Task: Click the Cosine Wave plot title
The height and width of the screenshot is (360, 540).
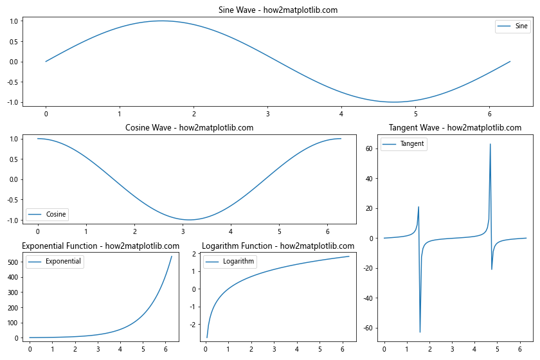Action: tap(189, 128)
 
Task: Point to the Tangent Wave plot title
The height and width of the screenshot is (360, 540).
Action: tap(455, 128)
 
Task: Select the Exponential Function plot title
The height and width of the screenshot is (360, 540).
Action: tap(100, 246)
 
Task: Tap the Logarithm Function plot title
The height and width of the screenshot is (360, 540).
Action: tap(278, 246)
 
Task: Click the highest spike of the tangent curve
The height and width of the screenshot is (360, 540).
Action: tap(491, 144)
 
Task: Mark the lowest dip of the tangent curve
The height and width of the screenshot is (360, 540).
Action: tap(420, 332)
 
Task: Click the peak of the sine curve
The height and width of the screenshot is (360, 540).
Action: tap(161, 21)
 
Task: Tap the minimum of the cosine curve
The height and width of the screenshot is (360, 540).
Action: tap(190, 220)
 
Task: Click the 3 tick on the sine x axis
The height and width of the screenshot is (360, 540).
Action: tap(267, 114)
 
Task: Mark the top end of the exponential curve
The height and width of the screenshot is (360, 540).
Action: tap(172, 256)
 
